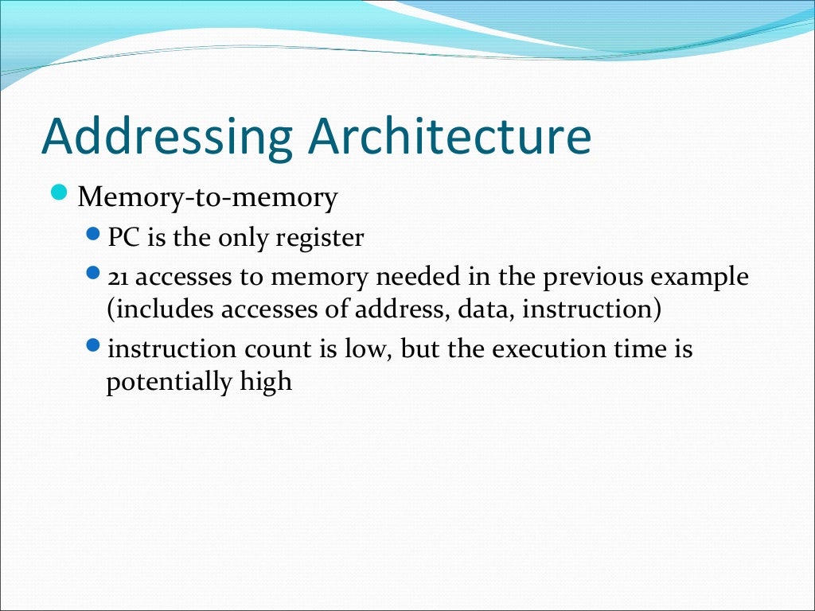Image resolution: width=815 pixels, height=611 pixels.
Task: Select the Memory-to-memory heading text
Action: (207, 197)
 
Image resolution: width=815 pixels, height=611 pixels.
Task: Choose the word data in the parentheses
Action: (485, 309)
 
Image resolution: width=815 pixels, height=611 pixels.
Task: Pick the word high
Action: (266, 383)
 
